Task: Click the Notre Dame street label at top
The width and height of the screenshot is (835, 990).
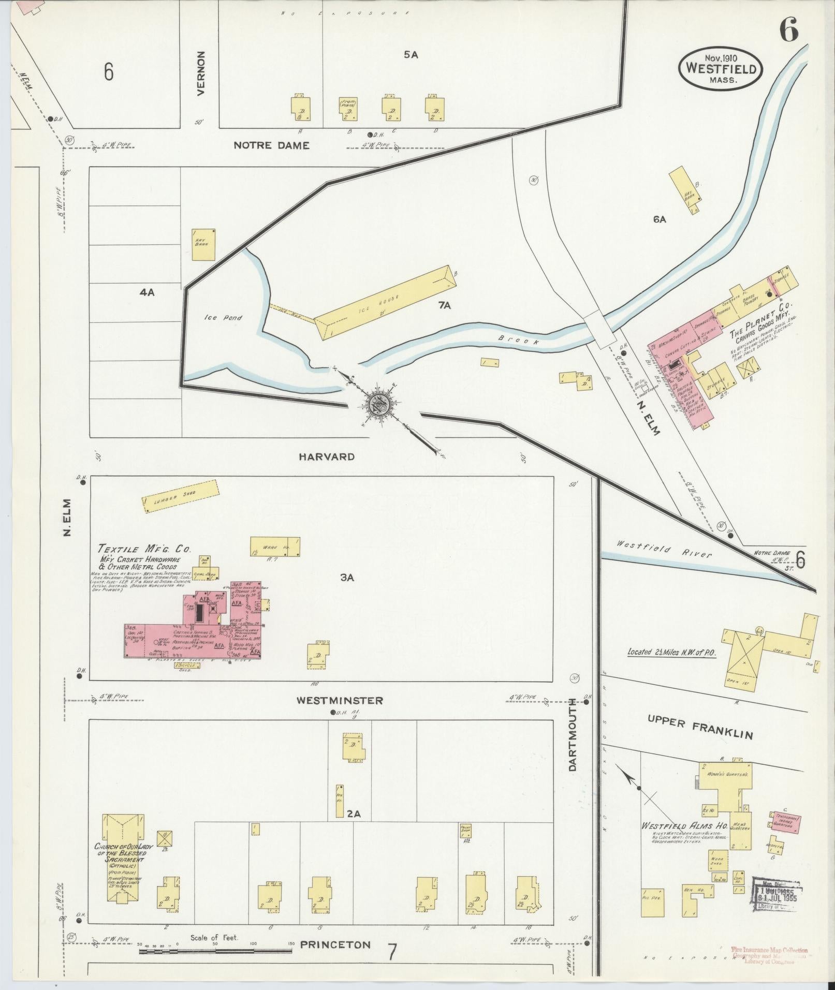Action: tap(271, 145)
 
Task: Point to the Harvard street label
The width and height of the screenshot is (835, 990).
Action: tap(327, 456)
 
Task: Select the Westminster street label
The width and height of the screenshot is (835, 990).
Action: tap(340, 701)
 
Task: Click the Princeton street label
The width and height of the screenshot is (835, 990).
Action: tap(335, 944)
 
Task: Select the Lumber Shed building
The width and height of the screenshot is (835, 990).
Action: tap(180, 496)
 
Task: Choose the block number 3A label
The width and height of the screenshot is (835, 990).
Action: tap(347, 578)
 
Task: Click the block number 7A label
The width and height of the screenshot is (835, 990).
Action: tap(444, 306)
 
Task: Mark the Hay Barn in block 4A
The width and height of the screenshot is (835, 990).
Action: tap(203, 245)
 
